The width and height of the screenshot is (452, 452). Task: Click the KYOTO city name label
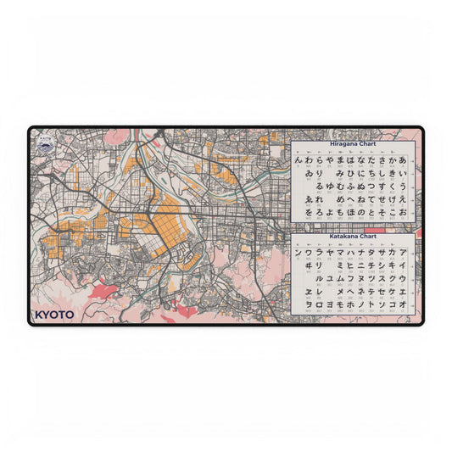[54, 314]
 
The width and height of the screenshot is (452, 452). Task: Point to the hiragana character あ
[403, 159]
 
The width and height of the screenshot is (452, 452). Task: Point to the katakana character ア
[403, 252]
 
